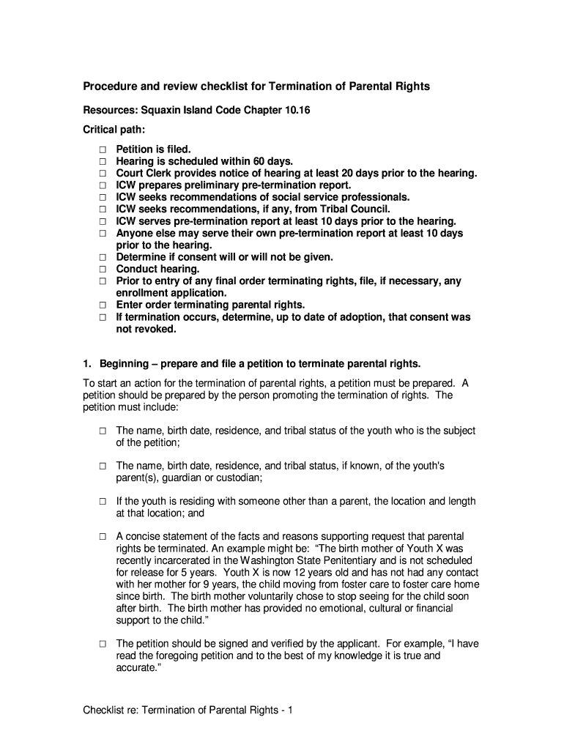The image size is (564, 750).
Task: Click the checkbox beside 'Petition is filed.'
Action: [103, 149]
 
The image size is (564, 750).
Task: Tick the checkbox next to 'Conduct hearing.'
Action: [103, 270]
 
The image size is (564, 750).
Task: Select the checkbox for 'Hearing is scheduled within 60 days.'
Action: [103, 161]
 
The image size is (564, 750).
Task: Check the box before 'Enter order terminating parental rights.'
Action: [103, 305]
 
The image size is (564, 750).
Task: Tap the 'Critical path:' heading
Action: [114, 130]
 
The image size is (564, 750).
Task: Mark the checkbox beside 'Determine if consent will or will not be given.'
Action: [103, 258]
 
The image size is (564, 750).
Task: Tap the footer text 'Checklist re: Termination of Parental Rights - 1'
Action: [188, 710]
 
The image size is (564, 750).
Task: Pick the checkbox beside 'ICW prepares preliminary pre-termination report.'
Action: [103, 185]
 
